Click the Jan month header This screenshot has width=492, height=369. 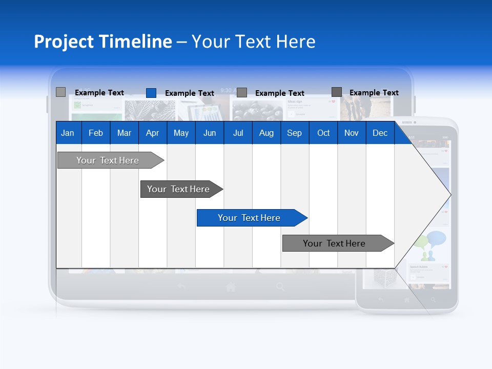click(x=68, y=133)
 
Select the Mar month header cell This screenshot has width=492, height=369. click(x=124, y=133)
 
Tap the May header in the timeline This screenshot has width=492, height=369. click(x=181, y=133)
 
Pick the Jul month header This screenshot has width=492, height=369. click(x=238, y=133)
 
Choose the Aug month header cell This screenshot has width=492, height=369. click(x=266, y=133)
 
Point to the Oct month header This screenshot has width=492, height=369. click(x=323, y=133)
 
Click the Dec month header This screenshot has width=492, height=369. click(x=380, y=133)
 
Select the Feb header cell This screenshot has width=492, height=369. click(x=96, y=133)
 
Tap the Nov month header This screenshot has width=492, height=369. click(x=352, y=133)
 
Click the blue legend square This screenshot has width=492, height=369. click(x=151, y=93)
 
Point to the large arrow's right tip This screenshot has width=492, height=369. click(x=449, y=194)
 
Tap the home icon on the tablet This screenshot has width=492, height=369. click(x=231, y=288)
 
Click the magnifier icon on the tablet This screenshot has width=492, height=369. click(x=280, y=287)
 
